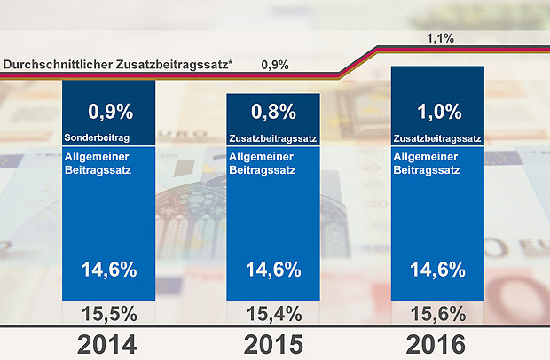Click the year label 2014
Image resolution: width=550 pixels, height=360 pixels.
(x=108, y=343)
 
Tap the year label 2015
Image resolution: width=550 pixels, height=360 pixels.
(x=271, y=343)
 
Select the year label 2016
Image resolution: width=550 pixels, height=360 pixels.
(x=436, y=343)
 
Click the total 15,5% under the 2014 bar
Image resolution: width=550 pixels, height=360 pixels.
(x=108, y=313)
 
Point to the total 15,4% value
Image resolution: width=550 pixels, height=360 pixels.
(x=271, y=313)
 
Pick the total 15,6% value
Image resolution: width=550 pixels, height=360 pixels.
(x=436, y=313)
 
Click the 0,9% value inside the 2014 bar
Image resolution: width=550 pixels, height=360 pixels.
(x=110, y=113)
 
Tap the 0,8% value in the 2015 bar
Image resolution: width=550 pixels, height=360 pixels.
(x=273, y=113)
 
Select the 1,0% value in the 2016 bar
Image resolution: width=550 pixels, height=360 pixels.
(x=438, y=113)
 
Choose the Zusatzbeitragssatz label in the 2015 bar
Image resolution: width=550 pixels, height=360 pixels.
(x=271, y=138)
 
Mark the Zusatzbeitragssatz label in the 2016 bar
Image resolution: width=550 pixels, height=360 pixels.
(x=436, y=138)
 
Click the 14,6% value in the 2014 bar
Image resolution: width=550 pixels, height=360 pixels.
(x=109, y=269)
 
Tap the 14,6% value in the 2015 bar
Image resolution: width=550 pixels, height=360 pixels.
(x=272, y=269)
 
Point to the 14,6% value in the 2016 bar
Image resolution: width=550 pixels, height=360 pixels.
(x=437, y=269)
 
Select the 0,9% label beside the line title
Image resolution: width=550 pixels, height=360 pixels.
(x=274, y=65)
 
